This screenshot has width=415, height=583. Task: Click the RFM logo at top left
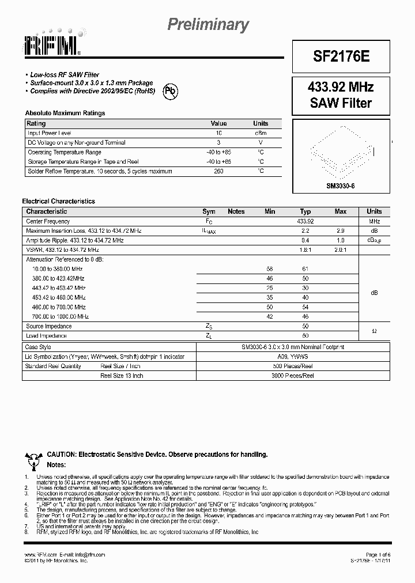[51, 43]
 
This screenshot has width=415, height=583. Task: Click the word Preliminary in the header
[208, 24]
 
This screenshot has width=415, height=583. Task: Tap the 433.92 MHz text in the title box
[341, 87]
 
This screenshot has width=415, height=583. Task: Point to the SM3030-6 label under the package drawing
[341, 187]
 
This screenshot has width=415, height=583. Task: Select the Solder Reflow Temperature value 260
[218, 171]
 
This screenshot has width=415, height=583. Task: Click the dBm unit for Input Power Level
[261, 132]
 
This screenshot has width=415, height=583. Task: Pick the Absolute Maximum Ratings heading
[65, 113]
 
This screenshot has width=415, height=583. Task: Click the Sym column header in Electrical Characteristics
[209, 211]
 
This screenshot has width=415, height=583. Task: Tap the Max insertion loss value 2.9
[340, 230]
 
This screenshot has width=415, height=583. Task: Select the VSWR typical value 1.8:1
[305, 250]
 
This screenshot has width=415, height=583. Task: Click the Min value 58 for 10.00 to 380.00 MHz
[269, 269]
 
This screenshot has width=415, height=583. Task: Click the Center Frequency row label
[48, 221]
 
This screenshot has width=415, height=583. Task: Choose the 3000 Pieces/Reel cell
[292, 376]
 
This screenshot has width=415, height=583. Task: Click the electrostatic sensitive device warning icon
[33, 460]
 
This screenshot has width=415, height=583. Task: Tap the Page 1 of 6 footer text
[378, 554]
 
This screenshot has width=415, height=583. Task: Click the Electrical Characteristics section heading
[58, 201]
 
